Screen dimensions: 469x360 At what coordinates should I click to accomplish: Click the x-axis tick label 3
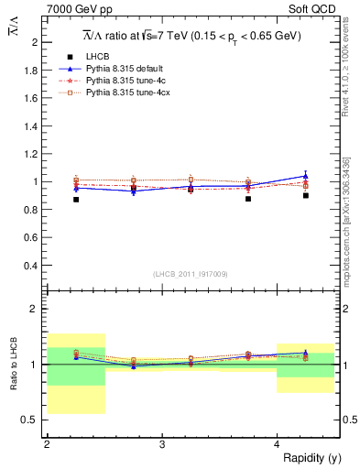(162, 444)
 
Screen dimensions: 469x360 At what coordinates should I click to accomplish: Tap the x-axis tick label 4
(278, 444)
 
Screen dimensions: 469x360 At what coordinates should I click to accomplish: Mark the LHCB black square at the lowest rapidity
(76, 199)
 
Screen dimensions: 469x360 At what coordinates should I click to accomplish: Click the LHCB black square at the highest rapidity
(306, 195)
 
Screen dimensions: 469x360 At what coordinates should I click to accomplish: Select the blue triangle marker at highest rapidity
(306, 175)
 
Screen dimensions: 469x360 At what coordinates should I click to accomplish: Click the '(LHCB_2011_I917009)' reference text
(191, 274)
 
